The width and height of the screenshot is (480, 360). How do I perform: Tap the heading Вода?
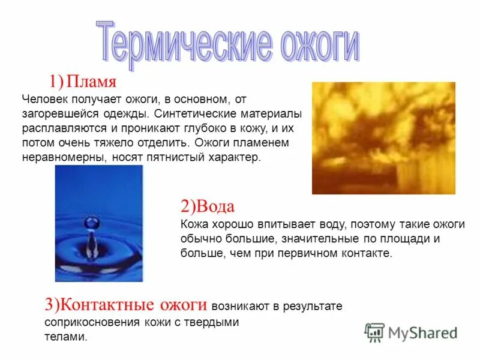click(214, 207)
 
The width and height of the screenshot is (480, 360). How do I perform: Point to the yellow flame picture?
click(383, 138)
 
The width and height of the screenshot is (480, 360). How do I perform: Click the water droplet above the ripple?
click(91, 223)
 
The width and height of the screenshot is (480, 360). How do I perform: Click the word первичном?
click(317, 253)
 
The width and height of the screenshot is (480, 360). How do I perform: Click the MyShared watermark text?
click(422, 332)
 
